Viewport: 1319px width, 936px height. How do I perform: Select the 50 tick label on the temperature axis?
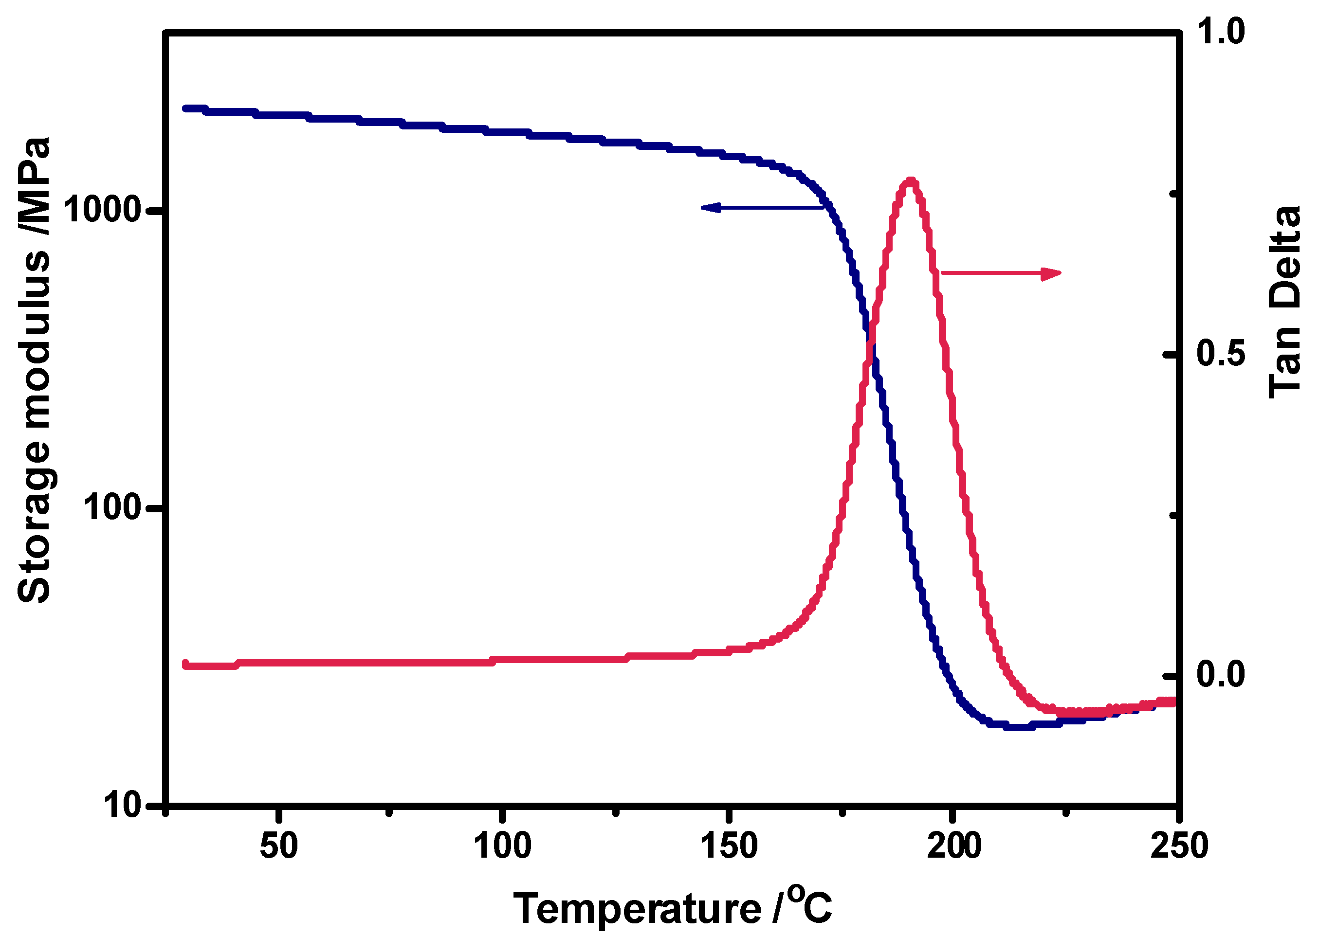279,846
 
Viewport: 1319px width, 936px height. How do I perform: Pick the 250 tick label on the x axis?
1179,846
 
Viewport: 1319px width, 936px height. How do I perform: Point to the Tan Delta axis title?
1285,303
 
